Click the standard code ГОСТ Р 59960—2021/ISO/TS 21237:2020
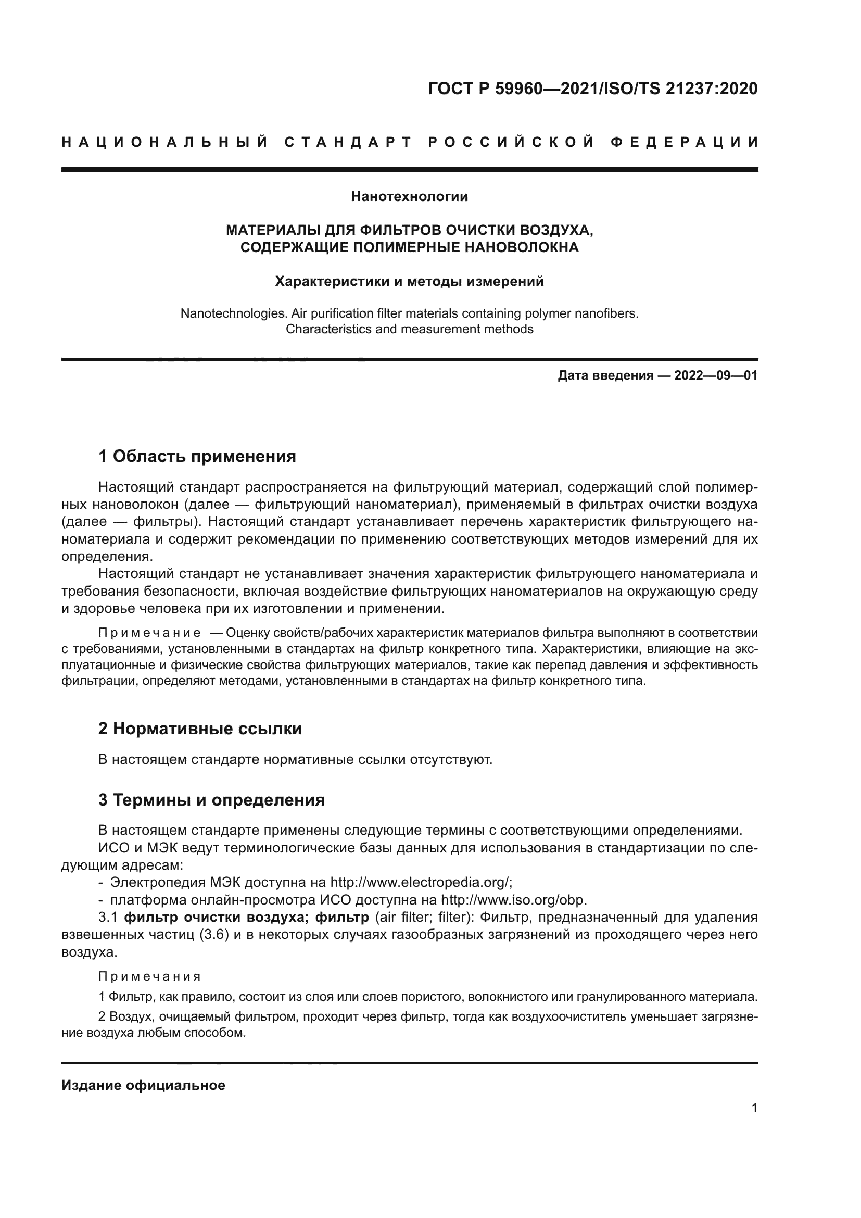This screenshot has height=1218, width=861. click(x=592, y=89)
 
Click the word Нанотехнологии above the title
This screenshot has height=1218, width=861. click(x=409, y=197)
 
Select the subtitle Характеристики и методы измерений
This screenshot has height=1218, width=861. click(x=409, y=281)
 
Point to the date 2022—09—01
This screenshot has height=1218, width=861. click(x=716, y=375)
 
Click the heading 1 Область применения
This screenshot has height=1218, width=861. click(x=197, y=456)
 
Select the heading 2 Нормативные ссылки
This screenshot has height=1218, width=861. click(x=200, y=729)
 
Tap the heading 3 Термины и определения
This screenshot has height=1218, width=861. click(x=211, y=799)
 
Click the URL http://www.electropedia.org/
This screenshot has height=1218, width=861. click(x=421, y=882)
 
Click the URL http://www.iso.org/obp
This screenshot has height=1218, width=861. click(x=514, y=900)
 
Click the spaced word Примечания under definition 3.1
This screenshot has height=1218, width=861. click(x=149, y=976)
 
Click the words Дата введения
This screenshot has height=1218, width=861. click(x=605, y=375)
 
